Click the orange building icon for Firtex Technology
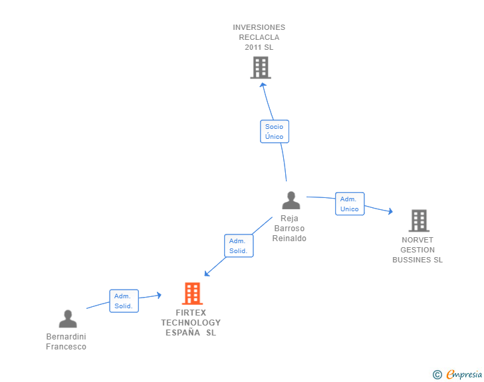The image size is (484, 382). (x=192, y=294)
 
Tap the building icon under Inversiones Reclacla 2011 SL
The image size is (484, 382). (x=261, y=68)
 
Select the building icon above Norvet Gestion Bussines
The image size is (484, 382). (x=419, y=221)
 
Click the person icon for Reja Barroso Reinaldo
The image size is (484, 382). (x=291, y=200)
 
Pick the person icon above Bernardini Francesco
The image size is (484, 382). (x=68, y=319)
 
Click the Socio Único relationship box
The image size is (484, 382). (x=275, y=132)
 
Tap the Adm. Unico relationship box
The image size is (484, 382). (x=350, y=204)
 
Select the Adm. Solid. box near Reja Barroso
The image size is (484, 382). (x=239, y=246)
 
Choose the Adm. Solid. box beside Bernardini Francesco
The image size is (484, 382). (x=124, y=301)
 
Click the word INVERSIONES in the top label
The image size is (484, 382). (x=259, y=27)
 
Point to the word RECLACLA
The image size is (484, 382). (x=259, y=37)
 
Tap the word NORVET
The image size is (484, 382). (x=418, y=240)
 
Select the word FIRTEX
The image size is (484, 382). (x=191, y=312)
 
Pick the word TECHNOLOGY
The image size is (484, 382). (x=191, y=322)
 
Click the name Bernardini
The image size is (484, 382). (x=66, y=337)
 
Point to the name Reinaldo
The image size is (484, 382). (x=289, y=239)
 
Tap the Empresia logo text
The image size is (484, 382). (x=464, y=374)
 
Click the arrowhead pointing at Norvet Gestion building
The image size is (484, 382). (x=390, y=211)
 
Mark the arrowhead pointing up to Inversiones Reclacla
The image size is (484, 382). (x=263, y=85)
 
